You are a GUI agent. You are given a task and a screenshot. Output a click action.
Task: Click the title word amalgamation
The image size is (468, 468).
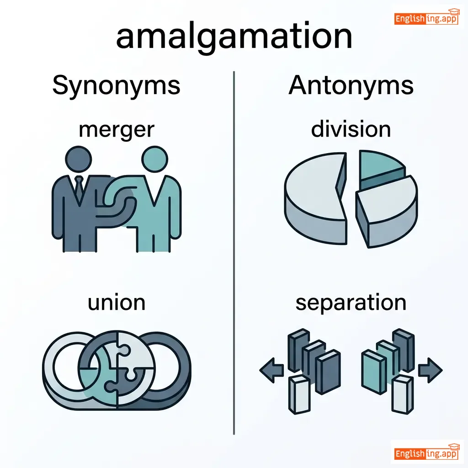tap(234, 37)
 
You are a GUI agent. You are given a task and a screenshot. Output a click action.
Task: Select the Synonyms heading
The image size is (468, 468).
tap(116, 85)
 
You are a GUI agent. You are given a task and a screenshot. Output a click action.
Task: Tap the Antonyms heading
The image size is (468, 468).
tap(351, 85)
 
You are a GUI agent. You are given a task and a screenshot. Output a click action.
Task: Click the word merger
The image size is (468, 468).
tap(117, 130)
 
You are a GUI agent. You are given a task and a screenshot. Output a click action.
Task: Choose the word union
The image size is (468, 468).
tap(117, 303)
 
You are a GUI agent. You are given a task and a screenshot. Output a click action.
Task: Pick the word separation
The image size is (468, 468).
tap(351, 303)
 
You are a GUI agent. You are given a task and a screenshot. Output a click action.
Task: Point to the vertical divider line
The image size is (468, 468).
tap(234, 251)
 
